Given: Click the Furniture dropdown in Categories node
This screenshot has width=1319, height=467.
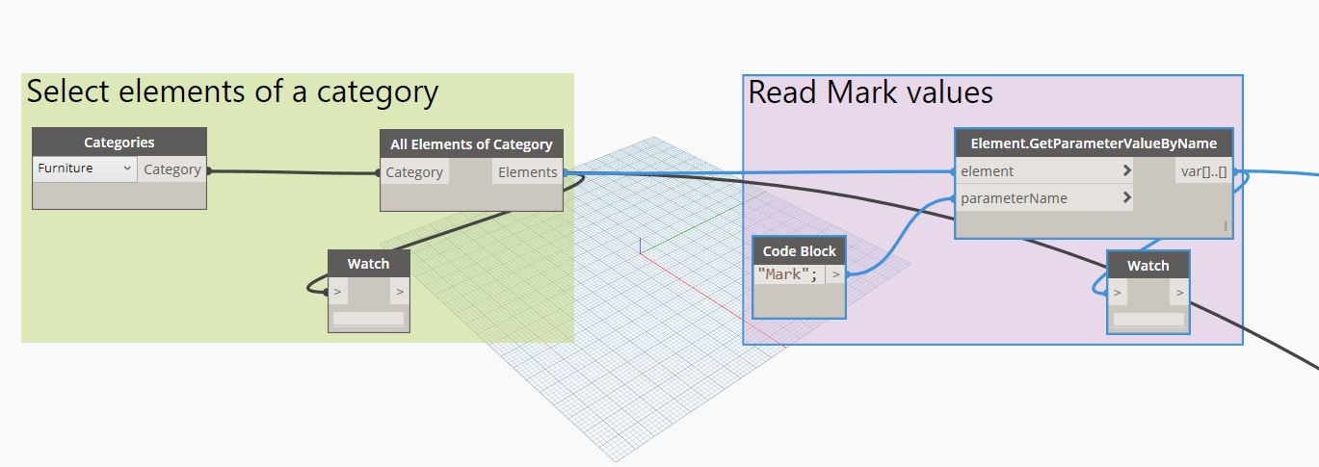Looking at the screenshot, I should point(85,169).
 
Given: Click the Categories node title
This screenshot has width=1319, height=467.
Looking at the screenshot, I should point(119,143).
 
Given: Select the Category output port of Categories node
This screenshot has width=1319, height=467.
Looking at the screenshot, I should point(172,169).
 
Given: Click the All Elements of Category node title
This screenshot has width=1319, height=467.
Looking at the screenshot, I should point(471,144).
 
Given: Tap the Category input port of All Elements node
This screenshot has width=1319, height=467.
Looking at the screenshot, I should point(414,172).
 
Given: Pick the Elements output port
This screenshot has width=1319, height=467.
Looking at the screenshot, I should point(527,172).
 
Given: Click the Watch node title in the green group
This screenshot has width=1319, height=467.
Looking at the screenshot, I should point(368,264).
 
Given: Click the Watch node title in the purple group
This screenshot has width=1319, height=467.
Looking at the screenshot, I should point(1148,266).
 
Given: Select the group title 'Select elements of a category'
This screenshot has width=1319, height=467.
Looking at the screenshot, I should point(232,92).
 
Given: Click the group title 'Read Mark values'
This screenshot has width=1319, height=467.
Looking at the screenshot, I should point(870,92).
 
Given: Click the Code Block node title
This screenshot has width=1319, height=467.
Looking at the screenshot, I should point(799,250).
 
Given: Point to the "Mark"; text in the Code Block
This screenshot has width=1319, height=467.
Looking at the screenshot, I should point(787,273).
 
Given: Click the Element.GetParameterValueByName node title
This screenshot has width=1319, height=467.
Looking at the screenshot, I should point(1093,143).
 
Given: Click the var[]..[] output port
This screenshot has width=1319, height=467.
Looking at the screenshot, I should point(1202,171).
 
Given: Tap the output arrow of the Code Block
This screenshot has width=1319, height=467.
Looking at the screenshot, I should point(835,273).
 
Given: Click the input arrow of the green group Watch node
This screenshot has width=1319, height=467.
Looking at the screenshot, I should point(337,291).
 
